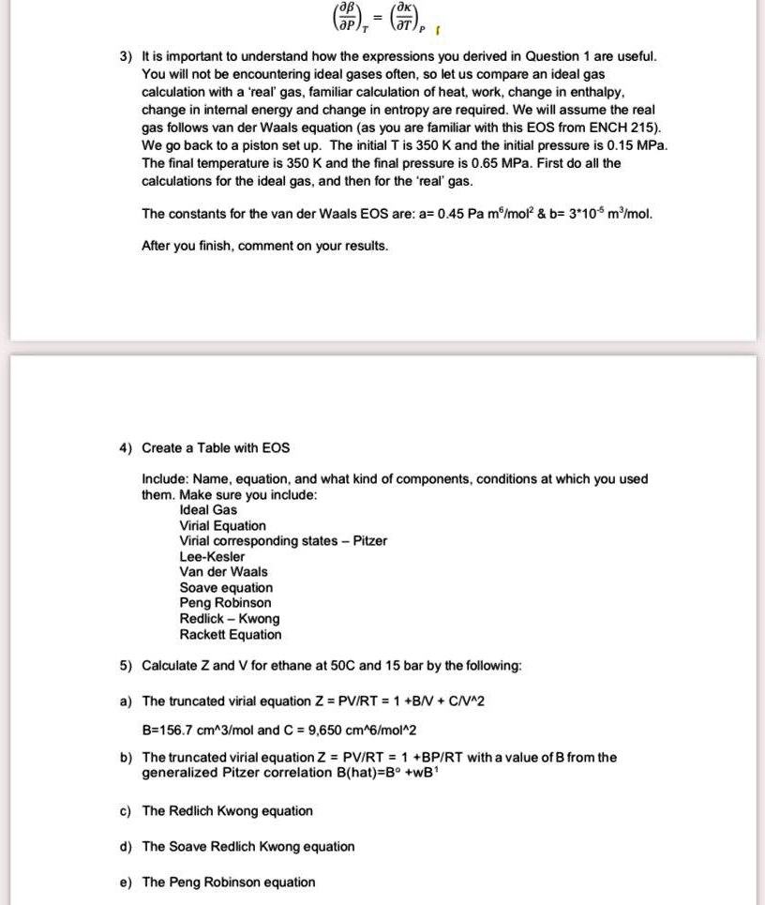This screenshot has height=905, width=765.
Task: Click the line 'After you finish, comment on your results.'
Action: coord(264,246)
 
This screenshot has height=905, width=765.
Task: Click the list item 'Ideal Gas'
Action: coord(208,510)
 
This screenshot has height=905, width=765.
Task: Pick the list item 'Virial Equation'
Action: coord(222,526)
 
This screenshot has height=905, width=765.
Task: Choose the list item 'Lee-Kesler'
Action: coord(212,556)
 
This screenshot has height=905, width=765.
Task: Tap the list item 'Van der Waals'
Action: coord(223,572)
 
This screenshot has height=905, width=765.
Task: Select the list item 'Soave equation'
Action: coord(226,588)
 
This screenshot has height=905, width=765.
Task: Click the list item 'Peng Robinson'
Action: coord(225,603)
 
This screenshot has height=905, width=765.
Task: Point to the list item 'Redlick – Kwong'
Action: coord(229,619)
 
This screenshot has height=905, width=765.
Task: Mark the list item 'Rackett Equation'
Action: coord(230,635)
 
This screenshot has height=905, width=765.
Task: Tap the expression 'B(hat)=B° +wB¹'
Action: coord(392,774)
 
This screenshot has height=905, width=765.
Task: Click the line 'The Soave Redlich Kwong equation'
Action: coord(247,847)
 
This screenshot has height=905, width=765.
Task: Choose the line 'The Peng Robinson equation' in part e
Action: coord(228,882)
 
